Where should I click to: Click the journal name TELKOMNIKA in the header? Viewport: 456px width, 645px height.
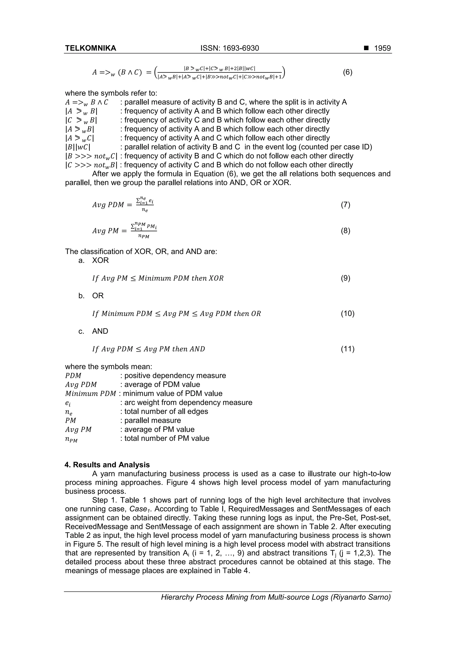click(x=90, y=48)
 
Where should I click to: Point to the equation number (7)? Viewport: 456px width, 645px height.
click(x=345, y=205)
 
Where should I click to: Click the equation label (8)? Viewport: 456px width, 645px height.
click(x=345, y=231)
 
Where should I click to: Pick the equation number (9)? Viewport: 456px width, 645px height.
click(x=345, y=278)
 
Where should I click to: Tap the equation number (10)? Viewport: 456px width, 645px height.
click(x=348, y=313)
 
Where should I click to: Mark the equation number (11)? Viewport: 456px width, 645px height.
click(x=348, y=349)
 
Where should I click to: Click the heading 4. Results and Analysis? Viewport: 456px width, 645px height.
click(x=107, y=465)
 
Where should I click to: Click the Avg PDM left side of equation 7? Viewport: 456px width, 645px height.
click(x=108, y=205)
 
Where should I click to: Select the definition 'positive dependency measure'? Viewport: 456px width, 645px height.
click(x=175, y=376)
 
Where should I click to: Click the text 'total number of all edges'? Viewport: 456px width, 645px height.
click(x=166, y=411)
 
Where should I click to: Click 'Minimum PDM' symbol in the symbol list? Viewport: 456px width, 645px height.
click(x=90, y=394)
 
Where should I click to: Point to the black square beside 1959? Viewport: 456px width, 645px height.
click(x=366, y=48)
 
